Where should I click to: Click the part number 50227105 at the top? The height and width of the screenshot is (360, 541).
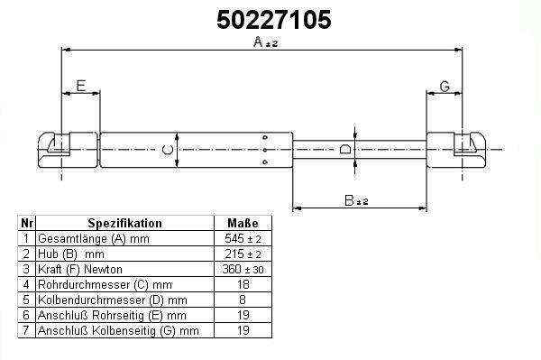(273, 20)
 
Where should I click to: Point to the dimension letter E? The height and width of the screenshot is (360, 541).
(81, 86)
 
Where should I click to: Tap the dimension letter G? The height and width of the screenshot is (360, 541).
(445, 87)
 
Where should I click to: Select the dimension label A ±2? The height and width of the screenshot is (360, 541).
(265, 42)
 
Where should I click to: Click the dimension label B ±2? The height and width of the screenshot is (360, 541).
(356, 200)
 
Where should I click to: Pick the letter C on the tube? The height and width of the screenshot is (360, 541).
(168, 150)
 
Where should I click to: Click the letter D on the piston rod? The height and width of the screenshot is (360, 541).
(345, 149)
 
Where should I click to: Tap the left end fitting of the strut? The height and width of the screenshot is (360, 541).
(68, 150)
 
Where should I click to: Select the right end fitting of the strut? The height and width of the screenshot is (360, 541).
(457, 150)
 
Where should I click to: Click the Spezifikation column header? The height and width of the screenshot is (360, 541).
(124, 223)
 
